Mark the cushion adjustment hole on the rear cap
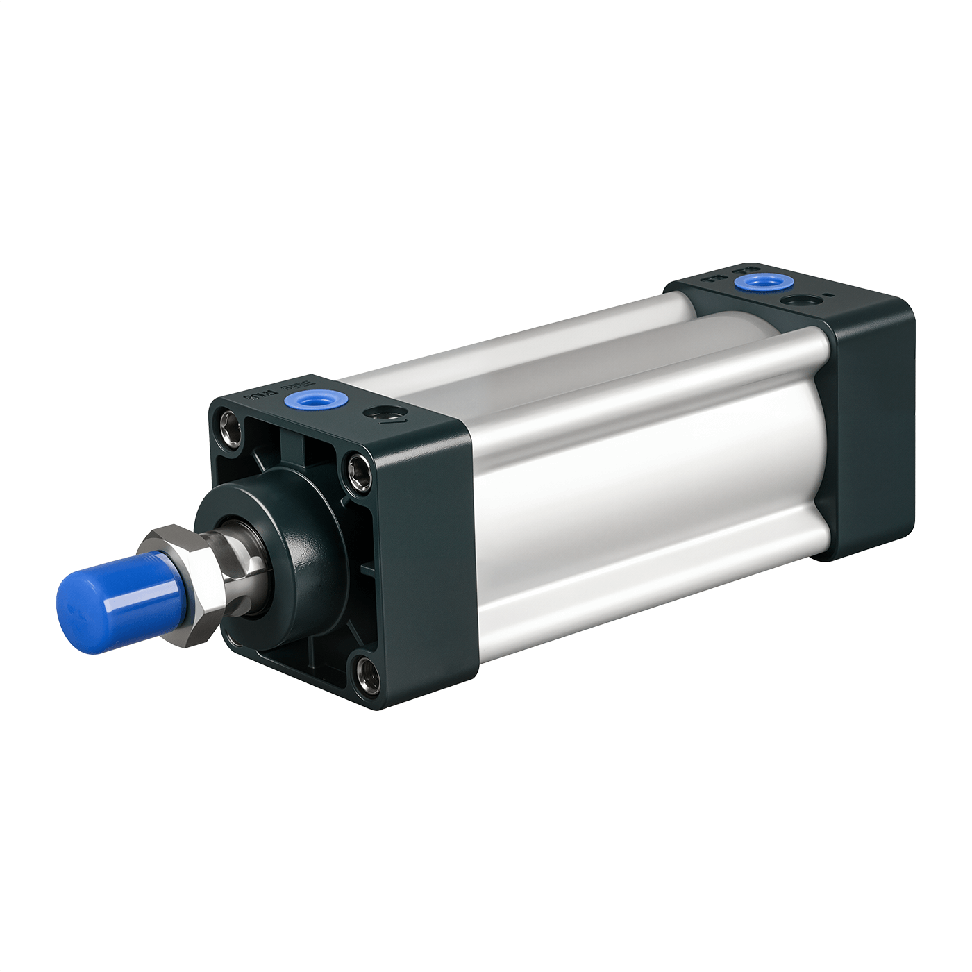799,301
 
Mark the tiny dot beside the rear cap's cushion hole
828,296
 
